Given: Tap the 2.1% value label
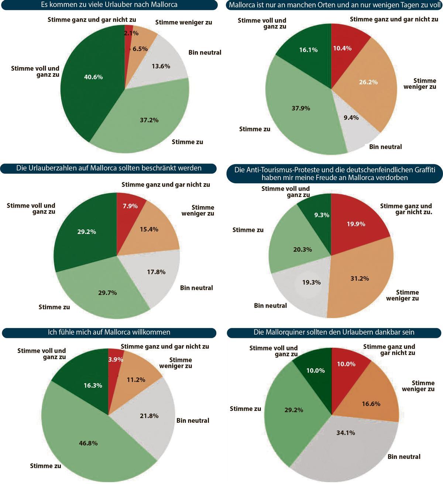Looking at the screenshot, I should click(x=131, y=33).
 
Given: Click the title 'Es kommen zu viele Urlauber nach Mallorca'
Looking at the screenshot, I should click(x=109, y=5).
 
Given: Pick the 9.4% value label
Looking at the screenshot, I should click(x=351, y=118).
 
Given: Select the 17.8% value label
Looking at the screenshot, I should click(x=156, y=272).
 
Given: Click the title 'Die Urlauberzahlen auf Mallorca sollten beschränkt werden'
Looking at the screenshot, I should click(x=109, y=168).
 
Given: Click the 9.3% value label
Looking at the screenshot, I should click(x=322, y=215).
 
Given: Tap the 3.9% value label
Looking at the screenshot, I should click(x=116, y=359).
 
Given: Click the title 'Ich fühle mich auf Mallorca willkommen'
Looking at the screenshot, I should click(x=109, y=332).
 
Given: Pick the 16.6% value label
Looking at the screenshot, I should click(x=371, y=404).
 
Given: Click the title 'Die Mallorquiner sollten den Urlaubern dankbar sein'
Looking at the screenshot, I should click(x=334, y=332).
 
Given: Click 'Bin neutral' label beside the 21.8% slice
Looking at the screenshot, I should click(x=193, y=421).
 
